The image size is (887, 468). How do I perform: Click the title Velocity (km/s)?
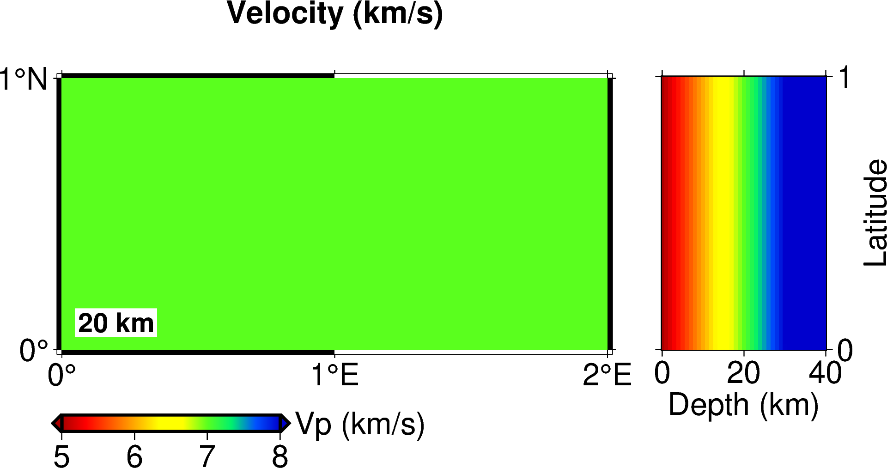[334, 14]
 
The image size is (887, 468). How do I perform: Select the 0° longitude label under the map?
[61, 375]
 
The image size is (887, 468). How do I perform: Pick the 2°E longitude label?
[607, 375]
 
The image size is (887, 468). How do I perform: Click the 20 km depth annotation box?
[116, 323]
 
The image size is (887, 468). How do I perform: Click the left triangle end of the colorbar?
[56, 423]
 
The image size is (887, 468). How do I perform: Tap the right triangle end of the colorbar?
[286, 423]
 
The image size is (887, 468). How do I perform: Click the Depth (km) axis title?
[743, 406]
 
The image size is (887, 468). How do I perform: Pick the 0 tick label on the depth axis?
[662, 373]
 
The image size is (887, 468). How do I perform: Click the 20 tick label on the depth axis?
[743, 373]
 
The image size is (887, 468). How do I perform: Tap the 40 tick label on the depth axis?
[825, 373]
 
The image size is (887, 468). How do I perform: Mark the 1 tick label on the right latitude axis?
[844, 78]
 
